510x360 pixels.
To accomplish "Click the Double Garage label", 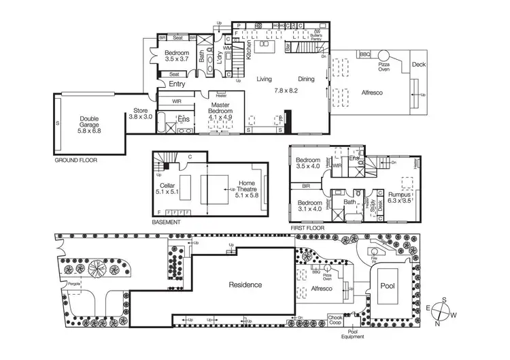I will pos(90,124).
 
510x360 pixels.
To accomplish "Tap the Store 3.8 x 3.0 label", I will pos(140,114).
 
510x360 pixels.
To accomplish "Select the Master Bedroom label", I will pos(220,110).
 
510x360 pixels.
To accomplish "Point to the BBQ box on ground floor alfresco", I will pos(364,54).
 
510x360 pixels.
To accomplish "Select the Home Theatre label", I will pos(247,189).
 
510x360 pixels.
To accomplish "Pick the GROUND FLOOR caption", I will pos(75,161).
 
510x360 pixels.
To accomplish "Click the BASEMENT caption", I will pos(167,223).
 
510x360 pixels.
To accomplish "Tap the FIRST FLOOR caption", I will pos(307,228).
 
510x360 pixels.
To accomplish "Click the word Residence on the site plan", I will pos(245,284).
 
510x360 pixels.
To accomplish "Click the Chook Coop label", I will pos(335,320).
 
